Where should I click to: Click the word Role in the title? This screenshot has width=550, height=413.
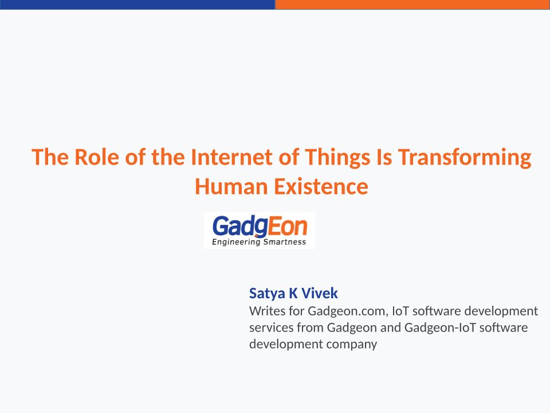(x=96, y=157)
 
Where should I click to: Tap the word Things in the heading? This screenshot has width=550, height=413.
(x=337, y=157)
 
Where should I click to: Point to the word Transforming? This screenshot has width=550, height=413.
(x=465, y=157)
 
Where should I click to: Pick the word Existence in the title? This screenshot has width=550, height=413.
(x=321, y=186)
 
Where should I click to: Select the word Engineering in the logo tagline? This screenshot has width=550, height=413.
(x=236, y=242)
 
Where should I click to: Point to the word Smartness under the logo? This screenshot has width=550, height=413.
(x=285, y=241)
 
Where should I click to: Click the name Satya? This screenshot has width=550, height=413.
(x=267, y=294)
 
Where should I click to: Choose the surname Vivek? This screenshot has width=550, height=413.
(x=320, y=293)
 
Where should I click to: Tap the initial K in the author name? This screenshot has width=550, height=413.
(x=293, y=293)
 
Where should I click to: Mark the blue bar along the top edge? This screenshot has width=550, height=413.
(x=137, y=5)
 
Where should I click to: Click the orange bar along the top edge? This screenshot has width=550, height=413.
(x=412, y=5)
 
